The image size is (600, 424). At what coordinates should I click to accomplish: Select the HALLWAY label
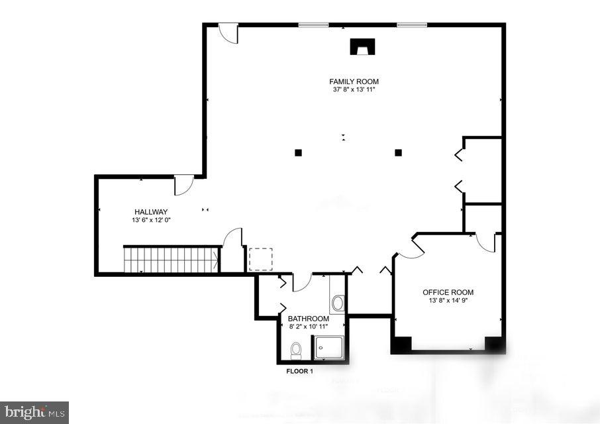pos(151,212)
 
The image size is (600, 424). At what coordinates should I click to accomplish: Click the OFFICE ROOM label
pos(448,292)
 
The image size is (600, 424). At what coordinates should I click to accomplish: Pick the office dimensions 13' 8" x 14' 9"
pos(448,300)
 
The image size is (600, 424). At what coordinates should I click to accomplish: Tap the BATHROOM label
pos(309,319)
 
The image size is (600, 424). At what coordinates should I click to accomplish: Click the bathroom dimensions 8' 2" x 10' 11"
pos(309,327)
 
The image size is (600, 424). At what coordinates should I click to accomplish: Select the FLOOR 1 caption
pos(299,371)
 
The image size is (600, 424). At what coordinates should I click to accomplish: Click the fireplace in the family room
pos(362,46)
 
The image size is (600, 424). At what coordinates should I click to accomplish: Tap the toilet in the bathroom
pos(296,349)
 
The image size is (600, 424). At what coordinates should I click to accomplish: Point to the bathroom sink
pos(338,303)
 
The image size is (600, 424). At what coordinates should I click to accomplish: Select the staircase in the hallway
pos(172,259)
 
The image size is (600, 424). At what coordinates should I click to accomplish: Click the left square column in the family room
pos(298,152)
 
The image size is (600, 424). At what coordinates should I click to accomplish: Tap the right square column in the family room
pos(398,152)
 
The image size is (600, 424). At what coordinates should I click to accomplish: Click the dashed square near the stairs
pos(260,259)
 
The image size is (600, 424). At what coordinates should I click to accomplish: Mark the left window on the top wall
pos(313,25)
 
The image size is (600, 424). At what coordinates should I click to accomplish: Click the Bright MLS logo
pos(34,412)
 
